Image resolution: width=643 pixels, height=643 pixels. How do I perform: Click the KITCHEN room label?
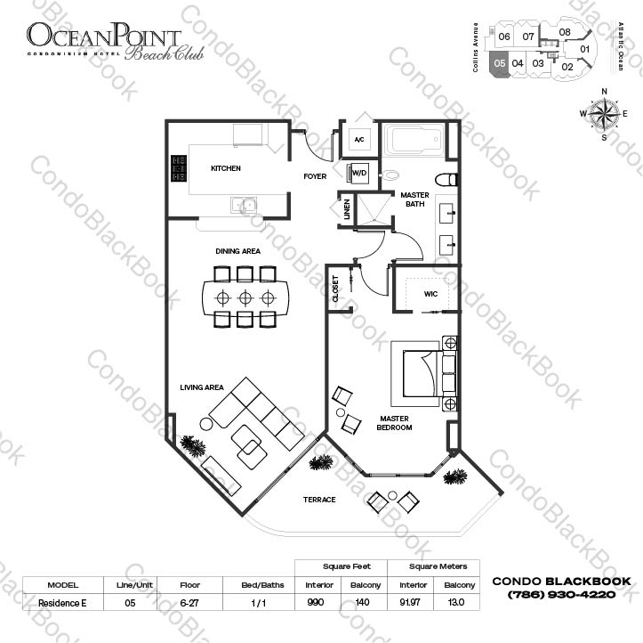[x=225, y=168]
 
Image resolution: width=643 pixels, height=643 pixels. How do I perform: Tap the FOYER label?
[x=315, y=176]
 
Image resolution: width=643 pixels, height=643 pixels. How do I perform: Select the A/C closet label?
[x=359, y=140]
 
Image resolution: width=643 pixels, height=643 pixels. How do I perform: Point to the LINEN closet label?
[x=347, y=209]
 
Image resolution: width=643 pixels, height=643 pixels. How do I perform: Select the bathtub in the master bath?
[x=414, y=143]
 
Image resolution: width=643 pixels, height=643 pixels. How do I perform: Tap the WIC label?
[x=431, y=292]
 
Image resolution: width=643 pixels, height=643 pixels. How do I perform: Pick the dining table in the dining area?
[x=245, y=297]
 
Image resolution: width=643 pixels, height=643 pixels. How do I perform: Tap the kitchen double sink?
[x=242, y=206]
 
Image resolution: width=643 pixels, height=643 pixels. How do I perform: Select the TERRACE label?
[x=319, y=500]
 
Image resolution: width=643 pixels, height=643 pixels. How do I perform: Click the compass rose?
[x=603, y=114]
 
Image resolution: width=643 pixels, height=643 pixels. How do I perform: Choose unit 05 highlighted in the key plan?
[x=501, y=64]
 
